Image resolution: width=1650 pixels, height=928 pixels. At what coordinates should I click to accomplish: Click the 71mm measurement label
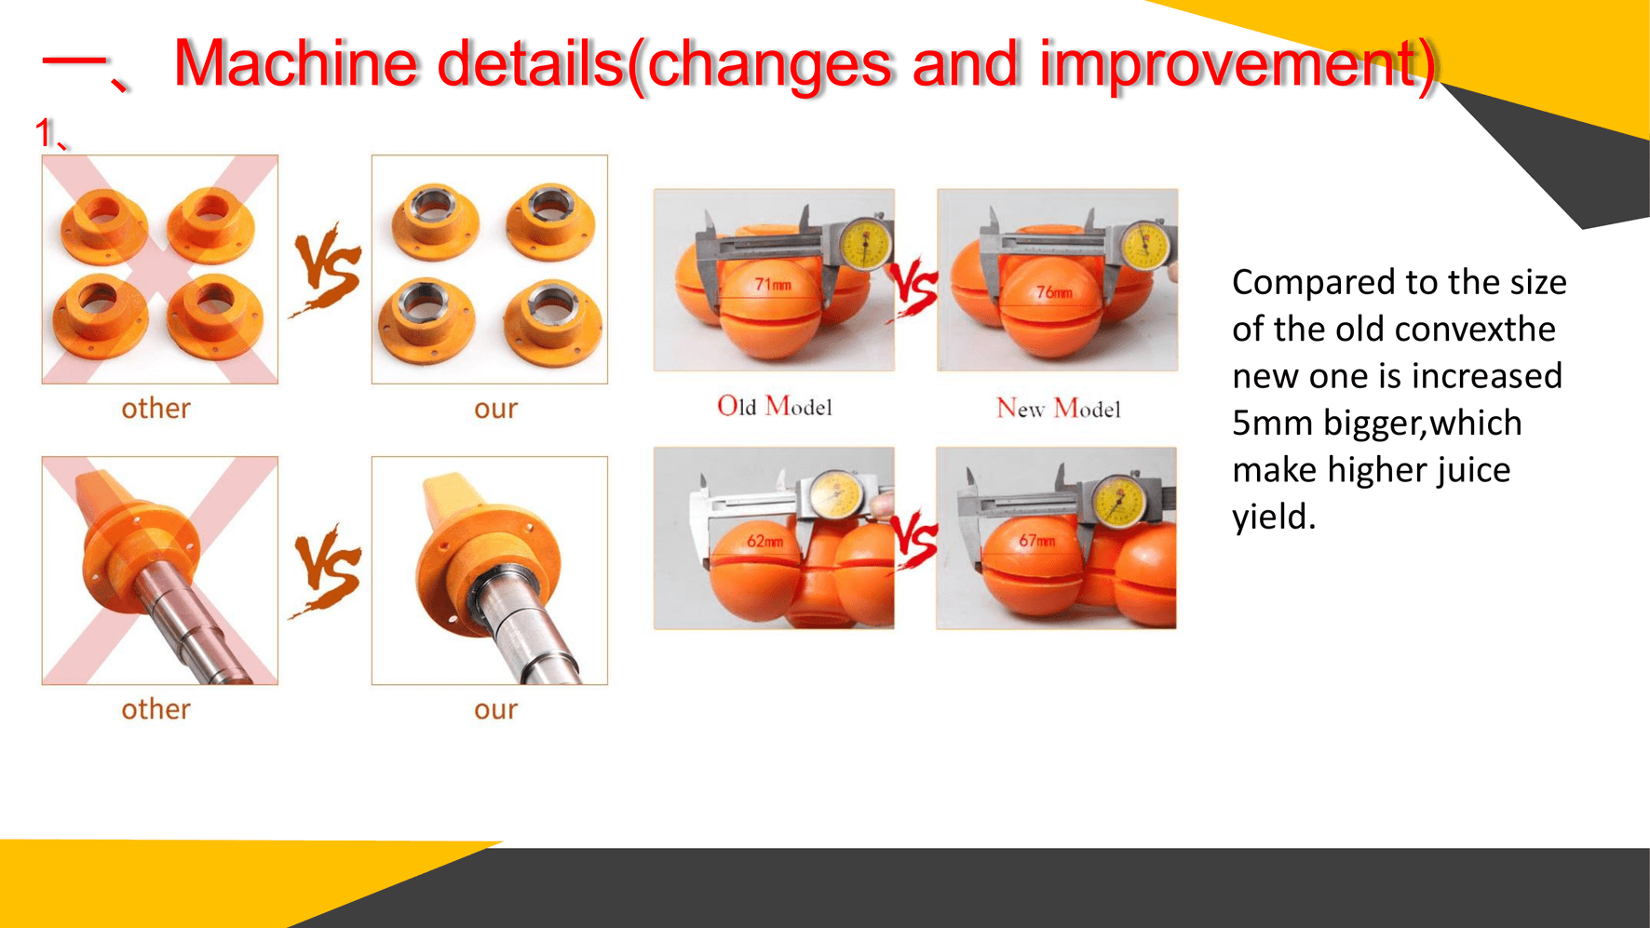(772, 284)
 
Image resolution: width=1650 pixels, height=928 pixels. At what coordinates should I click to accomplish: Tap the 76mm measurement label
(1054, 292)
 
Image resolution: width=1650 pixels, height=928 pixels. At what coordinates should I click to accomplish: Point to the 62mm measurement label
(764, 541)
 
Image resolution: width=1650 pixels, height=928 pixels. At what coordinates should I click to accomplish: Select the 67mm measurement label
(1036, 540)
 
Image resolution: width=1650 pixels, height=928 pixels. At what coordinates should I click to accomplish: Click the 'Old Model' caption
(774, 407)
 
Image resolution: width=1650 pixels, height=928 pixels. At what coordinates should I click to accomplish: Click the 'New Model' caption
(1058, 409)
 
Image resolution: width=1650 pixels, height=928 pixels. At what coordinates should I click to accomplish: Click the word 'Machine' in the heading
(295, 64)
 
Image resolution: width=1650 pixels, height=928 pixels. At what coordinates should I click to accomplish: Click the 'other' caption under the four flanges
(156, 409)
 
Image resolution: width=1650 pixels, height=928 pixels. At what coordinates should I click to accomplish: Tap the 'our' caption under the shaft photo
(495, 709)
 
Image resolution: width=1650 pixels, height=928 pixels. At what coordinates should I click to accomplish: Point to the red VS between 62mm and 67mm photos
(915, 539)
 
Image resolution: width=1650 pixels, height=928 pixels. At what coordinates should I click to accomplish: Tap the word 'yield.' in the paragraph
(1273, 517)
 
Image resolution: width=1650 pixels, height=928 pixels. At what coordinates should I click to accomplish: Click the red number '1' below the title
(44, 133)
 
